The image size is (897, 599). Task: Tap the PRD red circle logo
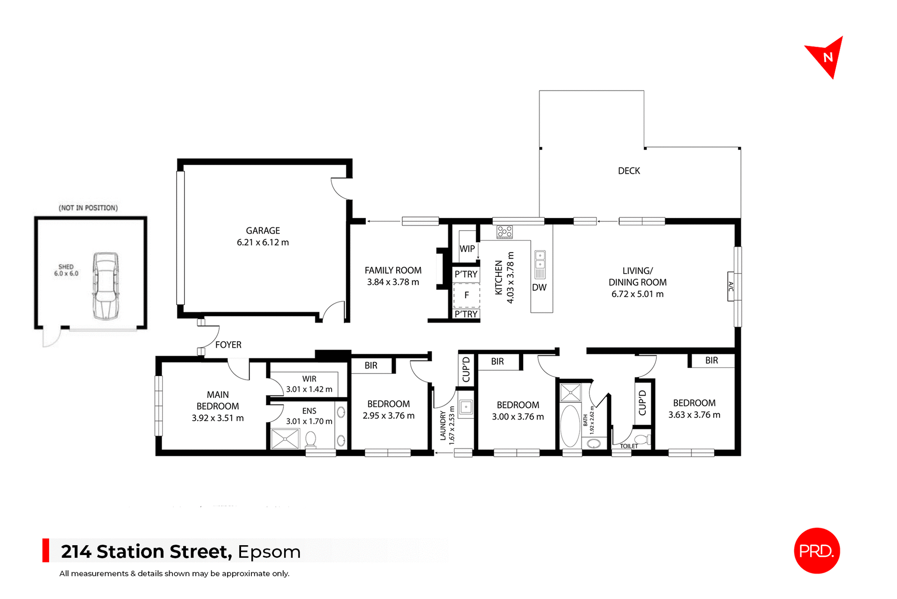817,551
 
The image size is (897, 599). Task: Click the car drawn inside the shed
106,286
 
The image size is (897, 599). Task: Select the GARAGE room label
263,231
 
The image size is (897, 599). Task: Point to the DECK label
629,171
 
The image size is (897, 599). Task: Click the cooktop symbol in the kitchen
505,231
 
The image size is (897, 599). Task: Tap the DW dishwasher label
539,288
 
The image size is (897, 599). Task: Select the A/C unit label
731,286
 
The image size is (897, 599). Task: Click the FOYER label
228,345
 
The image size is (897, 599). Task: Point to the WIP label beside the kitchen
467,249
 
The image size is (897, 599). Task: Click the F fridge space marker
466,295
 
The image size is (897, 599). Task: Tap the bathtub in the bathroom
570,426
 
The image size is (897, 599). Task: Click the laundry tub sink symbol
466,407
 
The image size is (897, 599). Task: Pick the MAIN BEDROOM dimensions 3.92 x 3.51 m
218,418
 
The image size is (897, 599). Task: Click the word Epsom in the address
269,552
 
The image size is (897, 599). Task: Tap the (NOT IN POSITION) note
88,208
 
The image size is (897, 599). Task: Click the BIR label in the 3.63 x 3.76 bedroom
712,361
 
